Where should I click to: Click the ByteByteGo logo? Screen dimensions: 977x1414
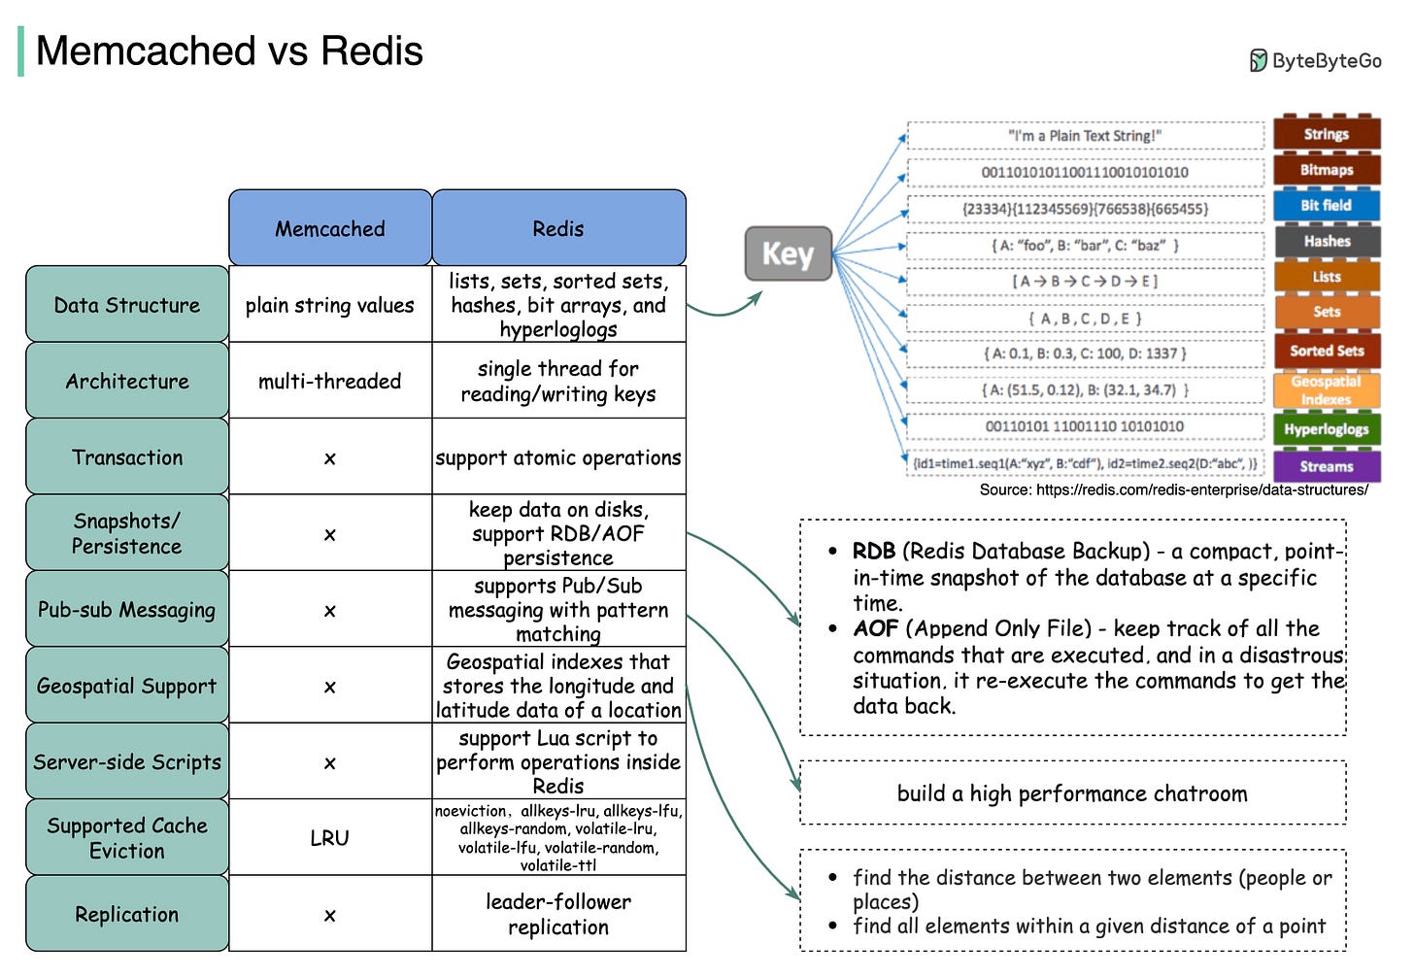coord(1315,61)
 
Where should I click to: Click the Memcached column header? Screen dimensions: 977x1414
coord(330,228)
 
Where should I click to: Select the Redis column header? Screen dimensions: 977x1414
coord(558,228)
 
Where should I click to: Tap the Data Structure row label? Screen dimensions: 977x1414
coord(127,305)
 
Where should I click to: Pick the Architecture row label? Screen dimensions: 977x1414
coord(127,381)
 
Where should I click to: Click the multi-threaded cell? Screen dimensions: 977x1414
coord(330,381)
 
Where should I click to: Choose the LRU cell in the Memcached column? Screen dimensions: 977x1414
coord(330,837)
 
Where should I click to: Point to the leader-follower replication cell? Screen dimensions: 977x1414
coord(558,914)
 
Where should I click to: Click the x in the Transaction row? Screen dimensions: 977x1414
coord(330,457)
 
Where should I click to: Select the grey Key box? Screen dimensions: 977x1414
coord(788,253)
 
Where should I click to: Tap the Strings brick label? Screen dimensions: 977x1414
coord(1326,134)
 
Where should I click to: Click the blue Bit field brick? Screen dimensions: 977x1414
coord(1326,205)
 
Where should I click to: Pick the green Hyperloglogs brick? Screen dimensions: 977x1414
coord(1326,429)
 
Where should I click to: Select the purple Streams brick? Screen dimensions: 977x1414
coord(1326,466)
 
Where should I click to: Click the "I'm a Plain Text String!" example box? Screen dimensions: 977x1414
coord(1085,136)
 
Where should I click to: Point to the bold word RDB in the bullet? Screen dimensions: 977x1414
coord(874,551)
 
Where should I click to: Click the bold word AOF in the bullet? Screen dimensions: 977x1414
coord(875,628)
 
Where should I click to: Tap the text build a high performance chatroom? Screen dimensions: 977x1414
coord(1072,793)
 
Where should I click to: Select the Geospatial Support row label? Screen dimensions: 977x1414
coord(127,686)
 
